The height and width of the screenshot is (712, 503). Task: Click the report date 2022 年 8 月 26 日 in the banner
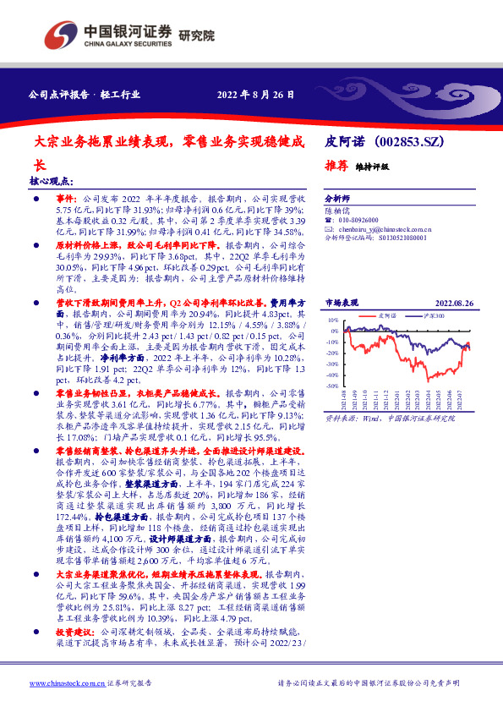(x=255, y=94)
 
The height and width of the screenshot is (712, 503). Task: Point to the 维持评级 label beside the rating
(x=372, y=167)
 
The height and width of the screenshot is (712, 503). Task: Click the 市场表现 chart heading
(x=342, y=302)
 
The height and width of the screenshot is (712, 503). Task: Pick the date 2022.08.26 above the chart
(x=455, y=302)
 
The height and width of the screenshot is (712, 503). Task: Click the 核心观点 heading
(x=51, y=181)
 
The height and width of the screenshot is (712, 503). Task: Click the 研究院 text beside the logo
(x=196, y=36)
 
